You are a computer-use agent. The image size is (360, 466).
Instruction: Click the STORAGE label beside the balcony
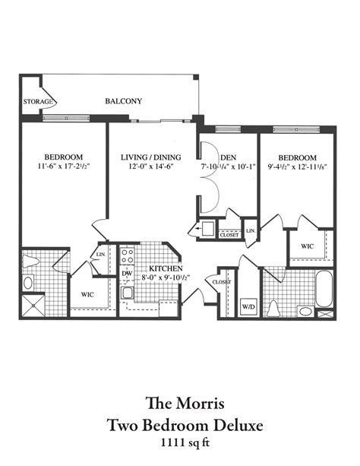39,101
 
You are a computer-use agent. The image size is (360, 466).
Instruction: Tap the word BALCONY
123,101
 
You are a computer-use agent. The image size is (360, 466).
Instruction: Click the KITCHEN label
163,268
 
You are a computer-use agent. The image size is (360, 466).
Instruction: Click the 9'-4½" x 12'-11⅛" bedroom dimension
296,169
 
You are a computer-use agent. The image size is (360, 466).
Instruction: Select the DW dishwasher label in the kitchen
127,271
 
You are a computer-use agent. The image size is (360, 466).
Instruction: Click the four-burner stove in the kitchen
127,255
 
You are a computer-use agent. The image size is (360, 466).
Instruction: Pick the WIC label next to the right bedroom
308,246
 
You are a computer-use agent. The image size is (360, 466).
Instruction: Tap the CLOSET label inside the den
229,235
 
